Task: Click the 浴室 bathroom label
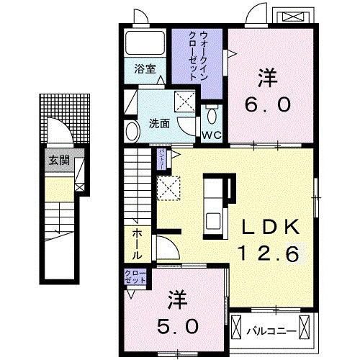pos(145,69)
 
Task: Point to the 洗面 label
pos(160,123)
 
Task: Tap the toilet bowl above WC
pos(211,116)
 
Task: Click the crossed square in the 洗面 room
pos(185,102)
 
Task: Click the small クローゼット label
pos(135,276)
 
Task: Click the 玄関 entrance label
pos(57,161)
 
